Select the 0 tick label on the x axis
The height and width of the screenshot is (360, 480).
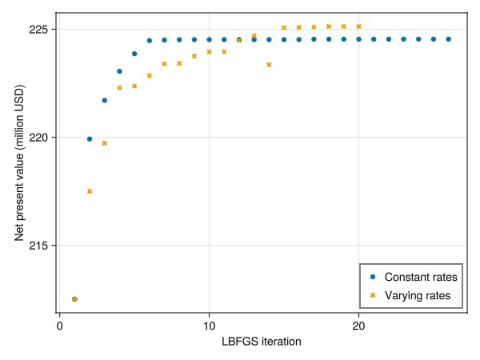coord(59,326)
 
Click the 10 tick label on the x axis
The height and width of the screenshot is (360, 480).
coord(209,326)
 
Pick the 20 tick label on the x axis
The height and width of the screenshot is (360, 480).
coord(358,326)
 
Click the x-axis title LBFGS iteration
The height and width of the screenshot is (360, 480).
coord(261,342)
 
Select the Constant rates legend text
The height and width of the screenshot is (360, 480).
coord(421,277)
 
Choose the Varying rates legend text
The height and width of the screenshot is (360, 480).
coord(418,296)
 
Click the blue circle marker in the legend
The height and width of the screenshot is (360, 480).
coord(373,277)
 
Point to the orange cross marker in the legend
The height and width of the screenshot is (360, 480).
coord(373,296)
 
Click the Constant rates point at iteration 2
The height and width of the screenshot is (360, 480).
coord(90,139)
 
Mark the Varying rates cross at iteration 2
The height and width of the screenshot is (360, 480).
coord(90,191)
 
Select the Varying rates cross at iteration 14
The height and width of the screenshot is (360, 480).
coord(269,65)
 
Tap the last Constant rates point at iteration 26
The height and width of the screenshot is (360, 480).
coord(448,38)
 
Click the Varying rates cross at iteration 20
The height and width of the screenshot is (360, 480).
coord(358,26)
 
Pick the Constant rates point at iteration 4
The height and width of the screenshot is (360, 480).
coord(119,71)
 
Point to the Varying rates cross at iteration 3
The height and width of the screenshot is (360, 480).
coord(104,143)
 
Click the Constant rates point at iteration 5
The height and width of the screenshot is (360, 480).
coord(134,54)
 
